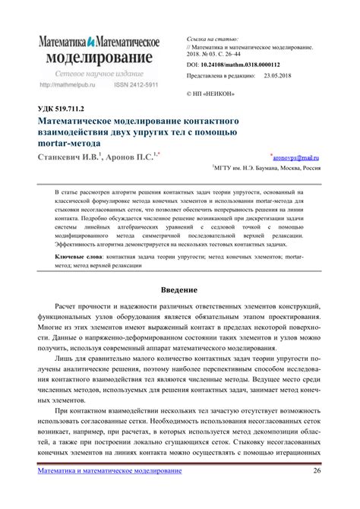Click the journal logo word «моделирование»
tap(99, 58)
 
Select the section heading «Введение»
tap(180, 290)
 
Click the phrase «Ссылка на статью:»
tap(213, 38)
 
